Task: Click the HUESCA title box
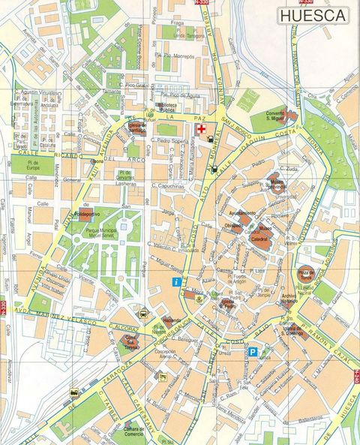point(313,15)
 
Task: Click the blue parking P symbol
point(253,351)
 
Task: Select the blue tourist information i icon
point(175,282)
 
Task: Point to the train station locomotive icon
point(73,392)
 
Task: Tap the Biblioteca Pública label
point(169,107)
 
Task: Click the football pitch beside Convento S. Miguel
point(247,98)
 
